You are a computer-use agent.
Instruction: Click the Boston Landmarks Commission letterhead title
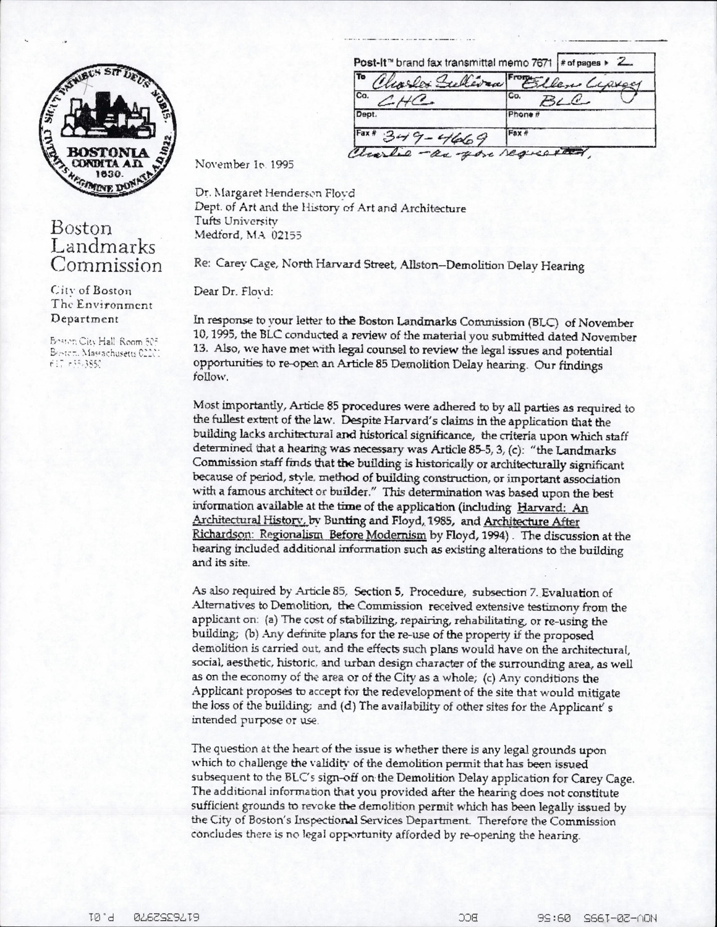click(x=106, y=247)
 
